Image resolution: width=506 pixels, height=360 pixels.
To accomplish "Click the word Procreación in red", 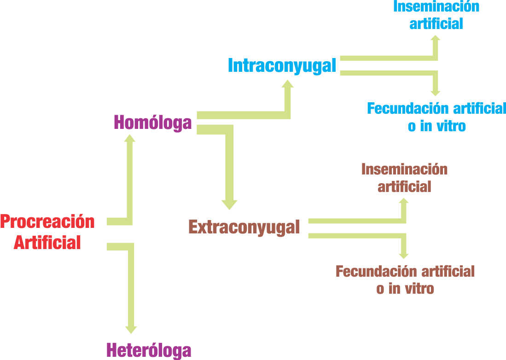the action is click(47, 222).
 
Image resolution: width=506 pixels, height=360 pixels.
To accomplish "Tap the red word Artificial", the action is click(47, 243).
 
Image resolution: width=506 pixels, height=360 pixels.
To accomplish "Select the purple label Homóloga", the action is click(153, 123).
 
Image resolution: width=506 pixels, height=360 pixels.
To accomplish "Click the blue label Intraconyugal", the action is click(282, 65).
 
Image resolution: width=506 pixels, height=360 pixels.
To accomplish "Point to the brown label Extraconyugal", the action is click(244, 227).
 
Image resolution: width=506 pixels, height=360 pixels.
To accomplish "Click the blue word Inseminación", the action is click(436, 7).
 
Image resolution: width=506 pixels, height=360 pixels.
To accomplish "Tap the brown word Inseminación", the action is click(404, 169).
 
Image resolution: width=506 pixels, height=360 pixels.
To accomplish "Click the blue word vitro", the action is click(450, 126).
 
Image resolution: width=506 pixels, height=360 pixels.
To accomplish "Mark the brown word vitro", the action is click(418, 289).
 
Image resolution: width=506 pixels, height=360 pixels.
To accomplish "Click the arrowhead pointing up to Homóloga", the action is click(130, 138).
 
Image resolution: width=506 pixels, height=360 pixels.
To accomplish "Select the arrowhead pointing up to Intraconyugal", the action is click(287, 84).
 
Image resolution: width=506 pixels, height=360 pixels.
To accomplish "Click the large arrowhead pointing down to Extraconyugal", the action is click(229, 205).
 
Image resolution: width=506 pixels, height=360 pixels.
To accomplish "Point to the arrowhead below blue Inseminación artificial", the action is click(436, 38).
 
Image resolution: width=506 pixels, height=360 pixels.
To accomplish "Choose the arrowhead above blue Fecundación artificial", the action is click(436, 93).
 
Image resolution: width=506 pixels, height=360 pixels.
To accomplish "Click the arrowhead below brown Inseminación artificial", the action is click(404, 201).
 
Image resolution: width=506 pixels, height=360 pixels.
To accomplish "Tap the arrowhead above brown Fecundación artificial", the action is click(404, 255).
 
